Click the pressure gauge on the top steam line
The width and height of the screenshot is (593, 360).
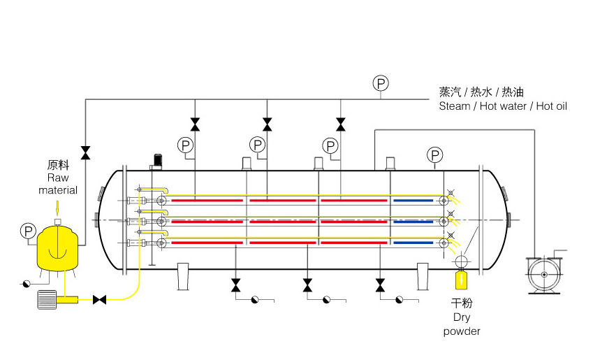click(x=381, y=84)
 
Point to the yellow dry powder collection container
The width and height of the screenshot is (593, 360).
click(x=461, y=280)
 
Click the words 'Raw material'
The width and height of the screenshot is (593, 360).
click(x=57, y=184)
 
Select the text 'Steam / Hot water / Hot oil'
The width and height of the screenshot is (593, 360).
click(x=503, y=106)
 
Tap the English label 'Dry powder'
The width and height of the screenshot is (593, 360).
click(x=462, y=324)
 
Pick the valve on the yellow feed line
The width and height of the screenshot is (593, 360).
click(x=100, y=300)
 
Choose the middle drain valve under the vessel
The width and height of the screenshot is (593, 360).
click(x=307, y=285)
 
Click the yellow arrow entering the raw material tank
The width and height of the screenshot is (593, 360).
click(x=57, y=208)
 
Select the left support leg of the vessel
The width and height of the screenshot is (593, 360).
click(x=184, y=275)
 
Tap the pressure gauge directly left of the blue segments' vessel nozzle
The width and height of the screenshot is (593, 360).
click(x=330, y=145)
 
